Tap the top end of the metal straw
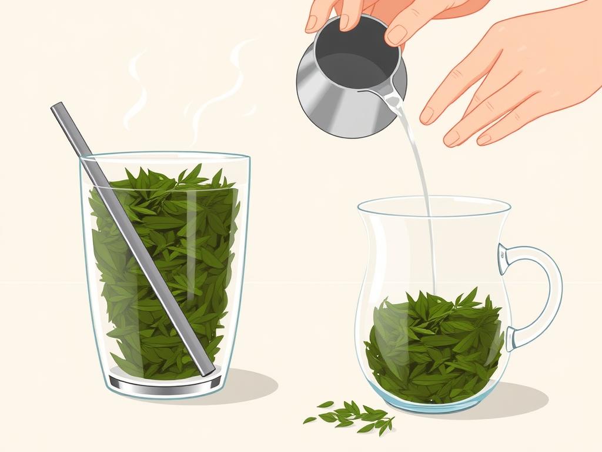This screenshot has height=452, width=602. point(57,108)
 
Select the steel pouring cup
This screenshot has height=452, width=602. point(347,88)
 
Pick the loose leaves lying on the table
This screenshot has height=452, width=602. point(350,415)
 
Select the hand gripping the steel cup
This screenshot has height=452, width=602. point(376,18)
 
